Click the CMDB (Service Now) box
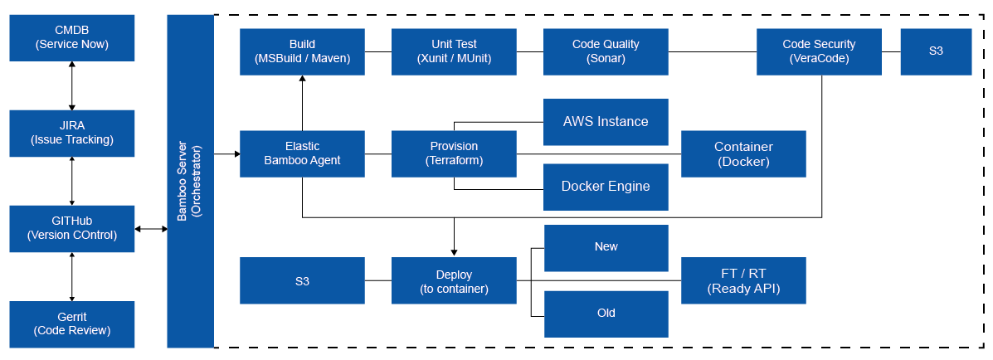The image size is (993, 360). (72, 38)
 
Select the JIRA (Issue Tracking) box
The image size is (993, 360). (72, 134)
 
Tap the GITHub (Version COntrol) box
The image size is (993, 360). (72, 228)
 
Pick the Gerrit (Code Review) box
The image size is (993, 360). (72, 324)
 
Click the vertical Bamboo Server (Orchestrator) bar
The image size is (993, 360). (190, 181)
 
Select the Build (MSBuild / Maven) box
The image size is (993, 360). (302, 51)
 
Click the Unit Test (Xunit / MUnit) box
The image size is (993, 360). (454, 51)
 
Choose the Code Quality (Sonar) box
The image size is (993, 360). (606, 51)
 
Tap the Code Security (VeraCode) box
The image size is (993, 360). (819, 51)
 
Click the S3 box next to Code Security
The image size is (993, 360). (936, 51)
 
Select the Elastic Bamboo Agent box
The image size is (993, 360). (302, 153)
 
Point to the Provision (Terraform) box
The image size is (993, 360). (454, 153)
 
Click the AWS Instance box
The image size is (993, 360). (606, 122)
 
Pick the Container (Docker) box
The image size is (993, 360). (743, 153)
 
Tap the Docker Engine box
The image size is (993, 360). (606, 187)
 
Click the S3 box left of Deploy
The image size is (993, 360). (302, 280)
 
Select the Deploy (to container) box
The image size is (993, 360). (454, 280)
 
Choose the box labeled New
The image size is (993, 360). (606, 248)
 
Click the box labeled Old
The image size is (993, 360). (606, 314)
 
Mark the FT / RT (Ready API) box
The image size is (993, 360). (743, 280)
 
